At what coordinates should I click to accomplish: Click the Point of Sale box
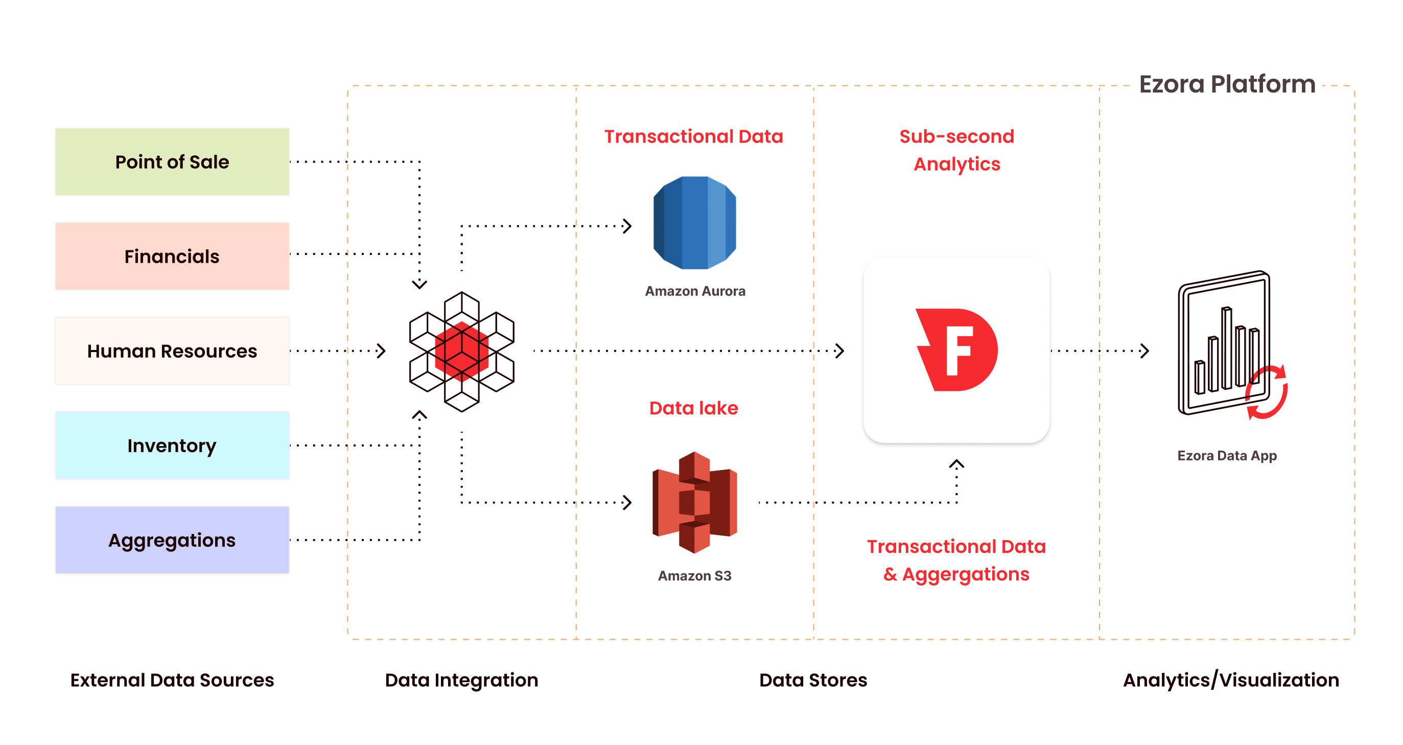(x=172, y=162)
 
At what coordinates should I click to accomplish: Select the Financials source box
(x=172, y=256)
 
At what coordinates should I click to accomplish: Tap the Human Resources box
(x=172, y=351)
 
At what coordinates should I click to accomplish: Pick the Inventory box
(x=172, y=446)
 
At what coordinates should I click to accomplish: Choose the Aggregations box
(x=172, y=540)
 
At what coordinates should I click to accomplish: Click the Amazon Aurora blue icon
(x=694, y=223)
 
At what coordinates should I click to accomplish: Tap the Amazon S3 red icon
(x=694, y=502)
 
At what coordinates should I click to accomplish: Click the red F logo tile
(x=956, y=350)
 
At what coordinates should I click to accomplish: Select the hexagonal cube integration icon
(x=462, y=351)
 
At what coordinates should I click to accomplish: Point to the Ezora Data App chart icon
(x=1228, y=346)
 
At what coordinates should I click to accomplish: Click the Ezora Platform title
(x=1227, y=84)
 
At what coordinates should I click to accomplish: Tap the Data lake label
(x=693, y=408)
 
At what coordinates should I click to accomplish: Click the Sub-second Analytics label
(x=957, y=150)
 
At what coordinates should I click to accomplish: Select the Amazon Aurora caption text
(x=695, y=291)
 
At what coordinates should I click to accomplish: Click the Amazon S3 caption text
(x=694, y=576)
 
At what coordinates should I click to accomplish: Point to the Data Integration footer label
(x=461, y=680)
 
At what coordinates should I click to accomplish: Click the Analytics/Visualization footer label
(x=1231, y=680)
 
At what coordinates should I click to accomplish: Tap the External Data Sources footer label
(x=172, y=680)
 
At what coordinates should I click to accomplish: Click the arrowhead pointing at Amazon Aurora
(x=627, y=226)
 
